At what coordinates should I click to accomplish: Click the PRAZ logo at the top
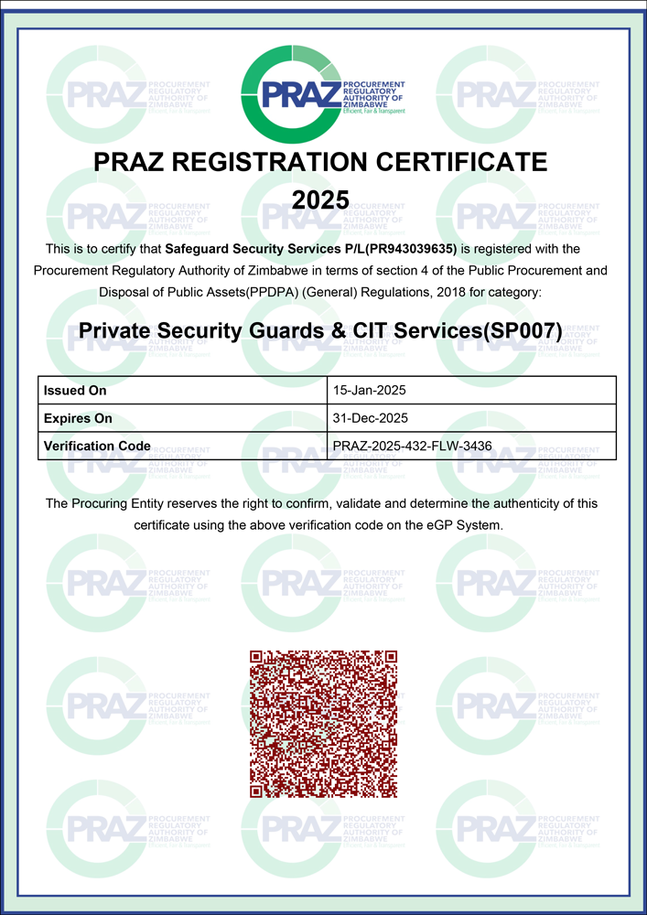[x=322, y=92]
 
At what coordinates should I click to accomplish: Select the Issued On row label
[x=75, y=391]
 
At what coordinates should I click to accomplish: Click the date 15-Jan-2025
[x=369, y=391]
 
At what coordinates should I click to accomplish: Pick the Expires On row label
[x=78, y=418]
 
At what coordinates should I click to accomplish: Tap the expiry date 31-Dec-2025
[x=370, y=418]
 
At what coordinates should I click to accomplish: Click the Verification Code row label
[x=97, y=447]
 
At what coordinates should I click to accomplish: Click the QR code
[x=323, y=723]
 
